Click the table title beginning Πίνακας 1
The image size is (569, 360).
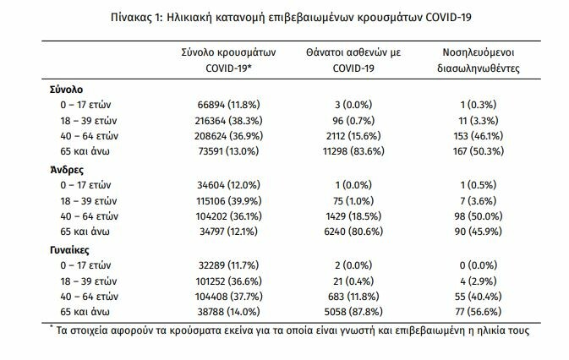[291, 18]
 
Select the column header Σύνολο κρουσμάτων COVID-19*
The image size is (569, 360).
[228, 60]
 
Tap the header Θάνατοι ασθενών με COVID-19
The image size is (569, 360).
[353, 60]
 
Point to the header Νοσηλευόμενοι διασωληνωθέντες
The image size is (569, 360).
[479, 60]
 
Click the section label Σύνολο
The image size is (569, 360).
[67, 90]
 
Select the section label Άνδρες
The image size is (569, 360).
[67, 170]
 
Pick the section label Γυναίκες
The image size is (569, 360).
[69, 250]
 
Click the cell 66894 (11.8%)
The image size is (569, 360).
[228, 105]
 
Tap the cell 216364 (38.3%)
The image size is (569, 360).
[228, 121]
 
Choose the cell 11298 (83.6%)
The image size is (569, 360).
[353, 151]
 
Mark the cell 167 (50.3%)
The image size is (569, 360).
[479, 151]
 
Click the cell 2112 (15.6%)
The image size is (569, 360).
[353, 136]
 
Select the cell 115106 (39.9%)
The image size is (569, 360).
[228, 201]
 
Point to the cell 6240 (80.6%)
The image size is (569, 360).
[353, 232]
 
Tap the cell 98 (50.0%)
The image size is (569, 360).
[479, 216]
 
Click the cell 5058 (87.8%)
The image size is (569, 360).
[353, 312]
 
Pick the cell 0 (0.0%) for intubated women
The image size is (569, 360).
[479, 265]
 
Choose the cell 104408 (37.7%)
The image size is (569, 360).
[228, 296]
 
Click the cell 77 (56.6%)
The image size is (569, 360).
[479, 312]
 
